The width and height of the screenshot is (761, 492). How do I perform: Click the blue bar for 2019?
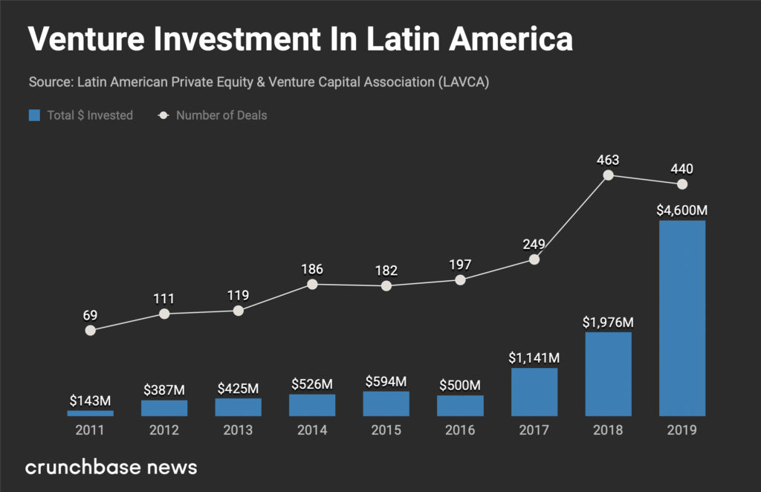point(682,318)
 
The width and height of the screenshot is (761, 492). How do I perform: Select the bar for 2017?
point(534,392)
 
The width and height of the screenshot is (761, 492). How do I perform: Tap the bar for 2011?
point(90,412)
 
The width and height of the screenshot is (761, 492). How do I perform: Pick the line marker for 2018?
point(608,175)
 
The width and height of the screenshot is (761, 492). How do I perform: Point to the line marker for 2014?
point(312,284)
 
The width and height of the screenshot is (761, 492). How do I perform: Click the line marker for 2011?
point(90,330)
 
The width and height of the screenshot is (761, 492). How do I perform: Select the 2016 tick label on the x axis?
point(460,430)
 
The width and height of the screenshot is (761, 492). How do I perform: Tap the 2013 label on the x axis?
point(238,430)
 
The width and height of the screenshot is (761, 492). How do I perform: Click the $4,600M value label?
point(682,210)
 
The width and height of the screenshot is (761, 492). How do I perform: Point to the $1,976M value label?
point(608,322)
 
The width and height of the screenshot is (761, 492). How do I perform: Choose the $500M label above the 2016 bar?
point(460,385)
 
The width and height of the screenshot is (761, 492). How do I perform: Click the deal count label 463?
point(608,159)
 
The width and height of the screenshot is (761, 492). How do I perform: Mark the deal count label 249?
point(534,244)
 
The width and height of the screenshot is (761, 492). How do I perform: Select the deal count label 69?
point(90,314)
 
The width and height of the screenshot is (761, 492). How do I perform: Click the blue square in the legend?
point(34,115)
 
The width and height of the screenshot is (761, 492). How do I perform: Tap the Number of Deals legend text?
point(221,115)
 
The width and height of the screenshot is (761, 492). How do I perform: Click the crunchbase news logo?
point(111,467)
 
